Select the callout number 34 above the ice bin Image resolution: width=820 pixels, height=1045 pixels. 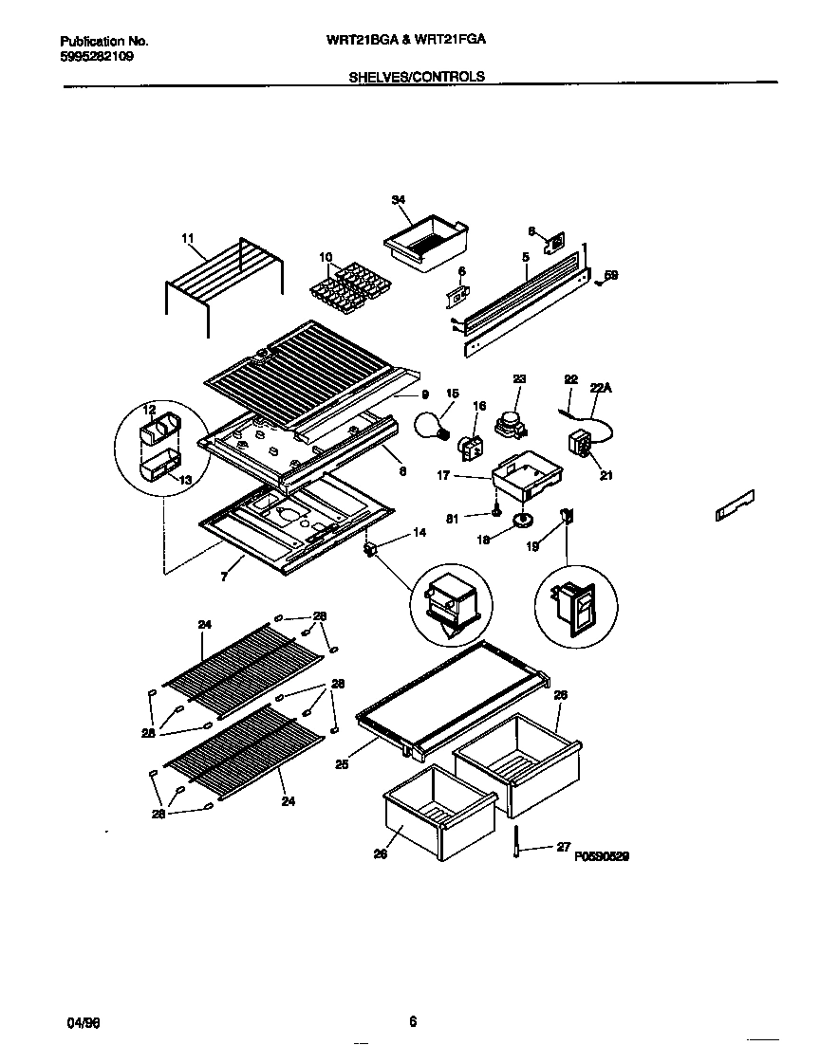coord(398,199)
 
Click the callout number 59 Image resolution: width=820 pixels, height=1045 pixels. coord(611,275)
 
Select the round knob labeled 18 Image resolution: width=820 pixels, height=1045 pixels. coord(522,519)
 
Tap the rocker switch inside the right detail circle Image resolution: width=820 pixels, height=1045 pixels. coord(574,608)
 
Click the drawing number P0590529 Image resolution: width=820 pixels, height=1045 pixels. coord(602,855)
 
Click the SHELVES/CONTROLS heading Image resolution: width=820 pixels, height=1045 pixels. coord(417,77)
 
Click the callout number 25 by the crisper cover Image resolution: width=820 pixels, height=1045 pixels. coord(342,763)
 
